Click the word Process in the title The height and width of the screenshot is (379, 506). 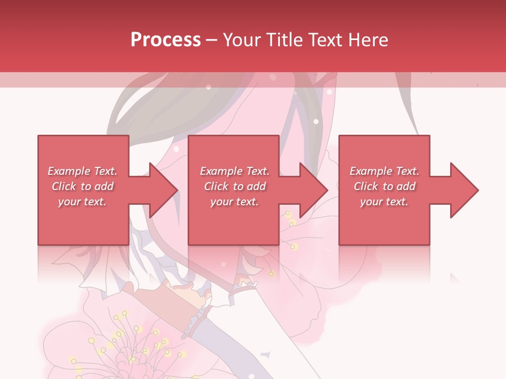[166, 39]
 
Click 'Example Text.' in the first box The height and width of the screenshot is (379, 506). [82, 171]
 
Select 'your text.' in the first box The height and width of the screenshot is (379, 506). [82, 202]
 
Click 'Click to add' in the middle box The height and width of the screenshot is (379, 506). [235, 186]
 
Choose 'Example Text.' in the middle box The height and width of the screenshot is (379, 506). [235, 171]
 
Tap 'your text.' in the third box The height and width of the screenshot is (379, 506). [384, 202]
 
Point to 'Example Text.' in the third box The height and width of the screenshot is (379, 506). [384, 171]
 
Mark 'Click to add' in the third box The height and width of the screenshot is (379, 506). [384, 186]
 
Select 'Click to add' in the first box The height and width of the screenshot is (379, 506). [82, 186]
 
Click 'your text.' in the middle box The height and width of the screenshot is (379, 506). [235, 202]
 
